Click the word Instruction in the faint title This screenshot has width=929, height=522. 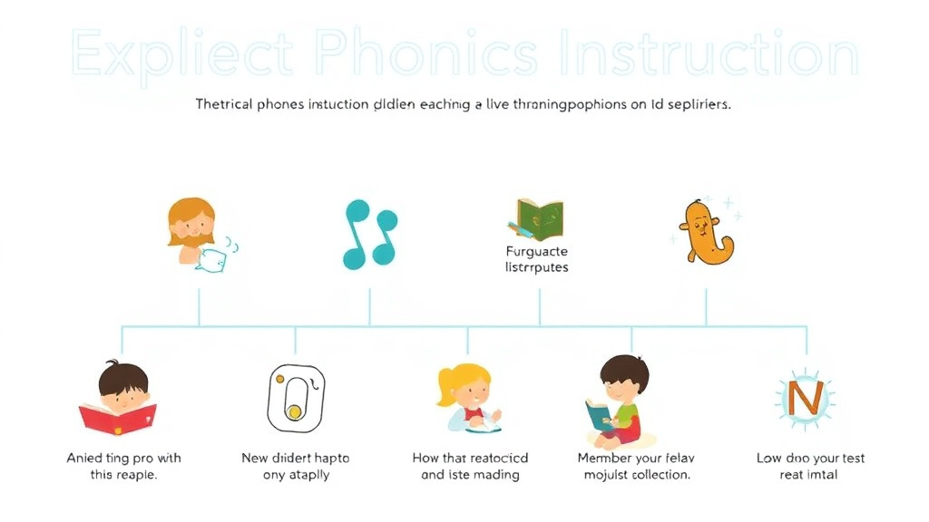coord(708,55)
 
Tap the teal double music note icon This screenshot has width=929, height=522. coord(370,234)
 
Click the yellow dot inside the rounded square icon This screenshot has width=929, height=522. coord(294,412)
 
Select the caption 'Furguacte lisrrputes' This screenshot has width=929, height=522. coord(536,259)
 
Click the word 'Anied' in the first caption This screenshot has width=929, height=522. coord(86,458)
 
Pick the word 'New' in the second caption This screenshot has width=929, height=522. coord(255,458)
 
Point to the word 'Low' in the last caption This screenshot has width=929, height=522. coord(771,458)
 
